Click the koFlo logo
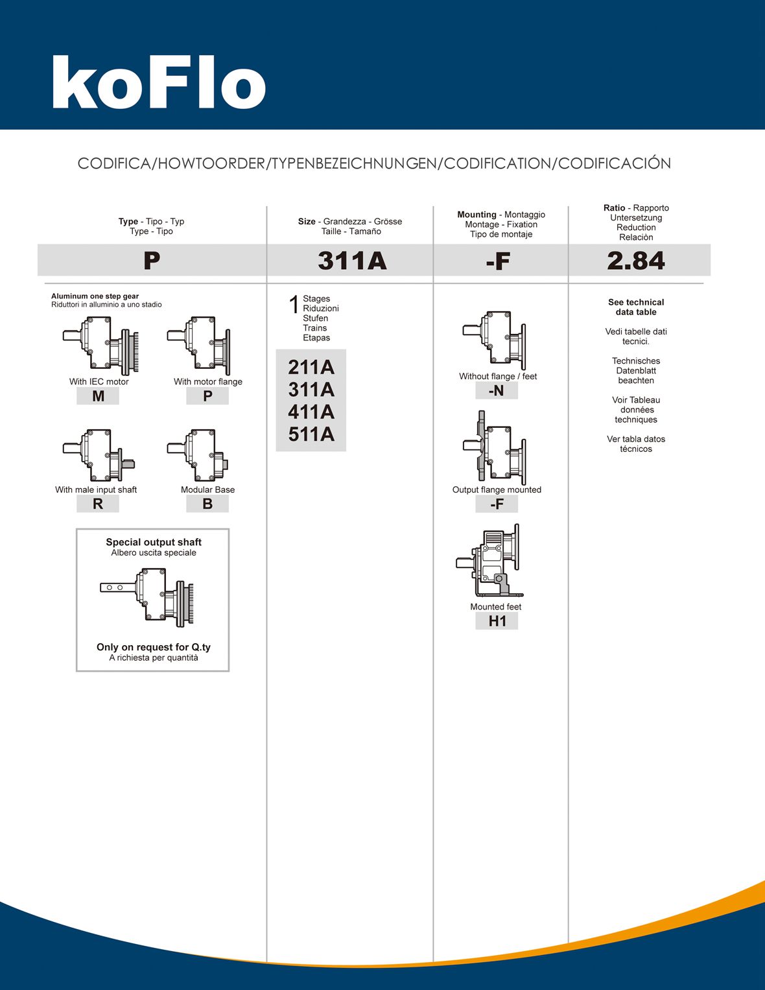(159, 82)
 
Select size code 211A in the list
(311, 368)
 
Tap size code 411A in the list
(311, 412)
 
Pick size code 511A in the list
(311, 434)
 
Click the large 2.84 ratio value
(636, 261)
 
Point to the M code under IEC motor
(98, 396)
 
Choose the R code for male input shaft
(98, 504)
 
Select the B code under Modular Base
(207, 504)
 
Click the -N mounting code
(496, 391)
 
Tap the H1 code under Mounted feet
(497, 621)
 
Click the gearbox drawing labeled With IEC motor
(101, 344)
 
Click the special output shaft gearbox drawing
(148, 596)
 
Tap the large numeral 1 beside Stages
(294, 304)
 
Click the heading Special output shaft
(154, 542)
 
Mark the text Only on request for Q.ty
(154, 647)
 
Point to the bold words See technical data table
(636, 307)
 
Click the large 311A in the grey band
(352, 261)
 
